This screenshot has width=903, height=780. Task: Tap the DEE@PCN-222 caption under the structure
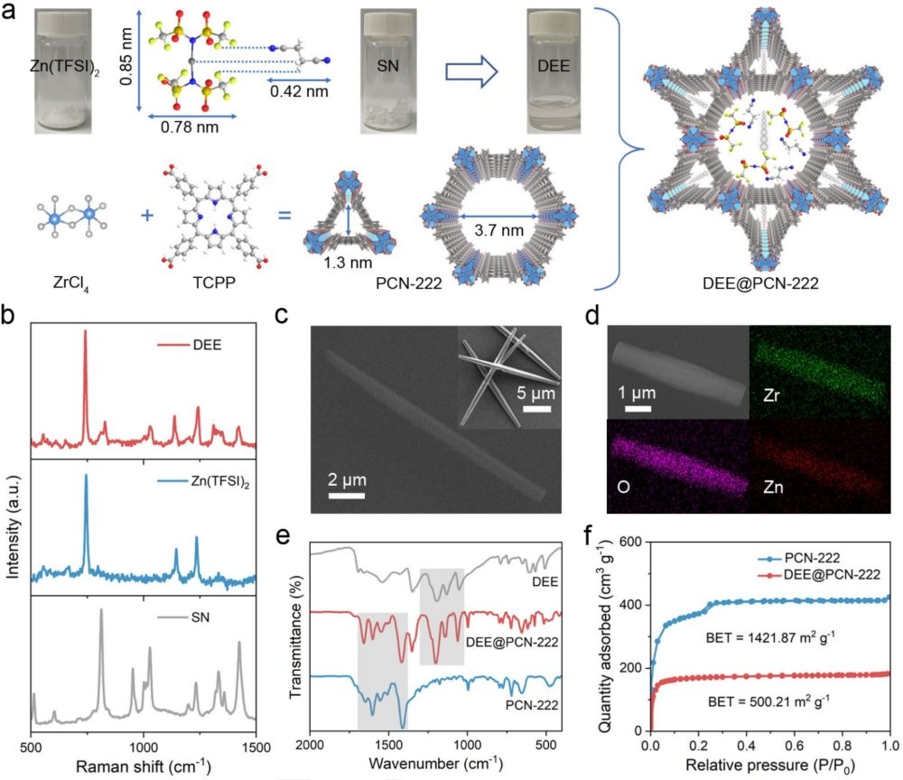pyautogui.click(x=766, y=283)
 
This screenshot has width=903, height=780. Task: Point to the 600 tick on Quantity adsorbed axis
pyautogui.click(x=633, y=543)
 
